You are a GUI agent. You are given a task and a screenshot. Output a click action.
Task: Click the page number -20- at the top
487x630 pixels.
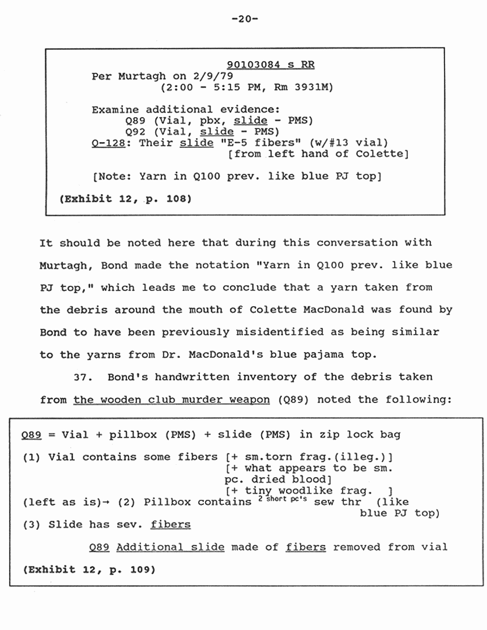point(245,19)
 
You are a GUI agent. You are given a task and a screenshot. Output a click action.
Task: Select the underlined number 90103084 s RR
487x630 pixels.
point(271,65)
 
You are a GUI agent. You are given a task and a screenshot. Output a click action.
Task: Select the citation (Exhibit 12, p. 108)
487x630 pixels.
point(125,199)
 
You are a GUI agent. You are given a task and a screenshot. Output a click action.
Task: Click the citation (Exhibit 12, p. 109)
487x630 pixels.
point(89,569)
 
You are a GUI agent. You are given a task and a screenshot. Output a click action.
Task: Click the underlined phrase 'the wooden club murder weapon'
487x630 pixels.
point(172,400)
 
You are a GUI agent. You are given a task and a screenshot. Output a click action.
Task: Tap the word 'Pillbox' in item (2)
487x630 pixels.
point(166,502)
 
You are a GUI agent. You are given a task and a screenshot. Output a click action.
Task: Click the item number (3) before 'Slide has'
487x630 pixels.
point(32,525)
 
